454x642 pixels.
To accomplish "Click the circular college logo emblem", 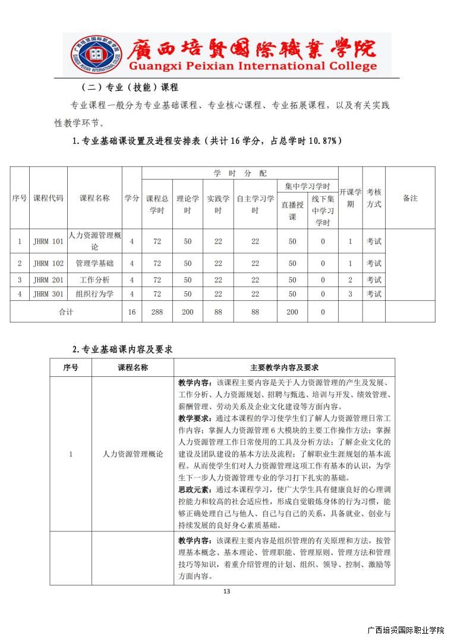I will point(94,55).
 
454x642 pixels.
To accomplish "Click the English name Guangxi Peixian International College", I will point(253,66).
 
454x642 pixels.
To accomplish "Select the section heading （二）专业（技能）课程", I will point(124,87).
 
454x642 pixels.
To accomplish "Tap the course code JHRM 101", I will point(48,241).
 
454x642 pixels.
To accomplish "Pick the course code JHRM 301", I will point(48,294).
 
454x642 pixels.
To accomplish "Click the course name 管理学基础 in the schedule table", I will point(94,263).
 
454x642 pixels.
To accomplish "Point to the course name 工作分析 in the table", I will point(94,280).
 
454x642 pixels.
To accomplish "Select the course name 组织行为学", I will point(94,294).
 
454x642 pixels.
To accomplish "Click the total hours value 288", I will point(157,312).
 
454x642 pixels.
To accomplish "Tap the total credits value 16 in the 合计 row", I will point(131,312).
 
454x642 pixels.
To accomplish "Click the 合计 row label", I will point(66,312).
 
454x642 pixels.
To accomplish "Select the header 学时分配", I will point(240,173).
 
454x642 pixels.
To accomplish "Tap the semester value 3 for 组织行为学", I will point(350,294).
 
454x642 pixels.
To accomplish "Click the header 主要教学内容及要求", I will point(284,368).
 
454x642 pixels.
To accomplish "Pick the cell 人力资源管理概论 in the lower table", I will point(133,454).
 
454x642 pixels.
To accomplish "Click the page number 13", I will point(226,591).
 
